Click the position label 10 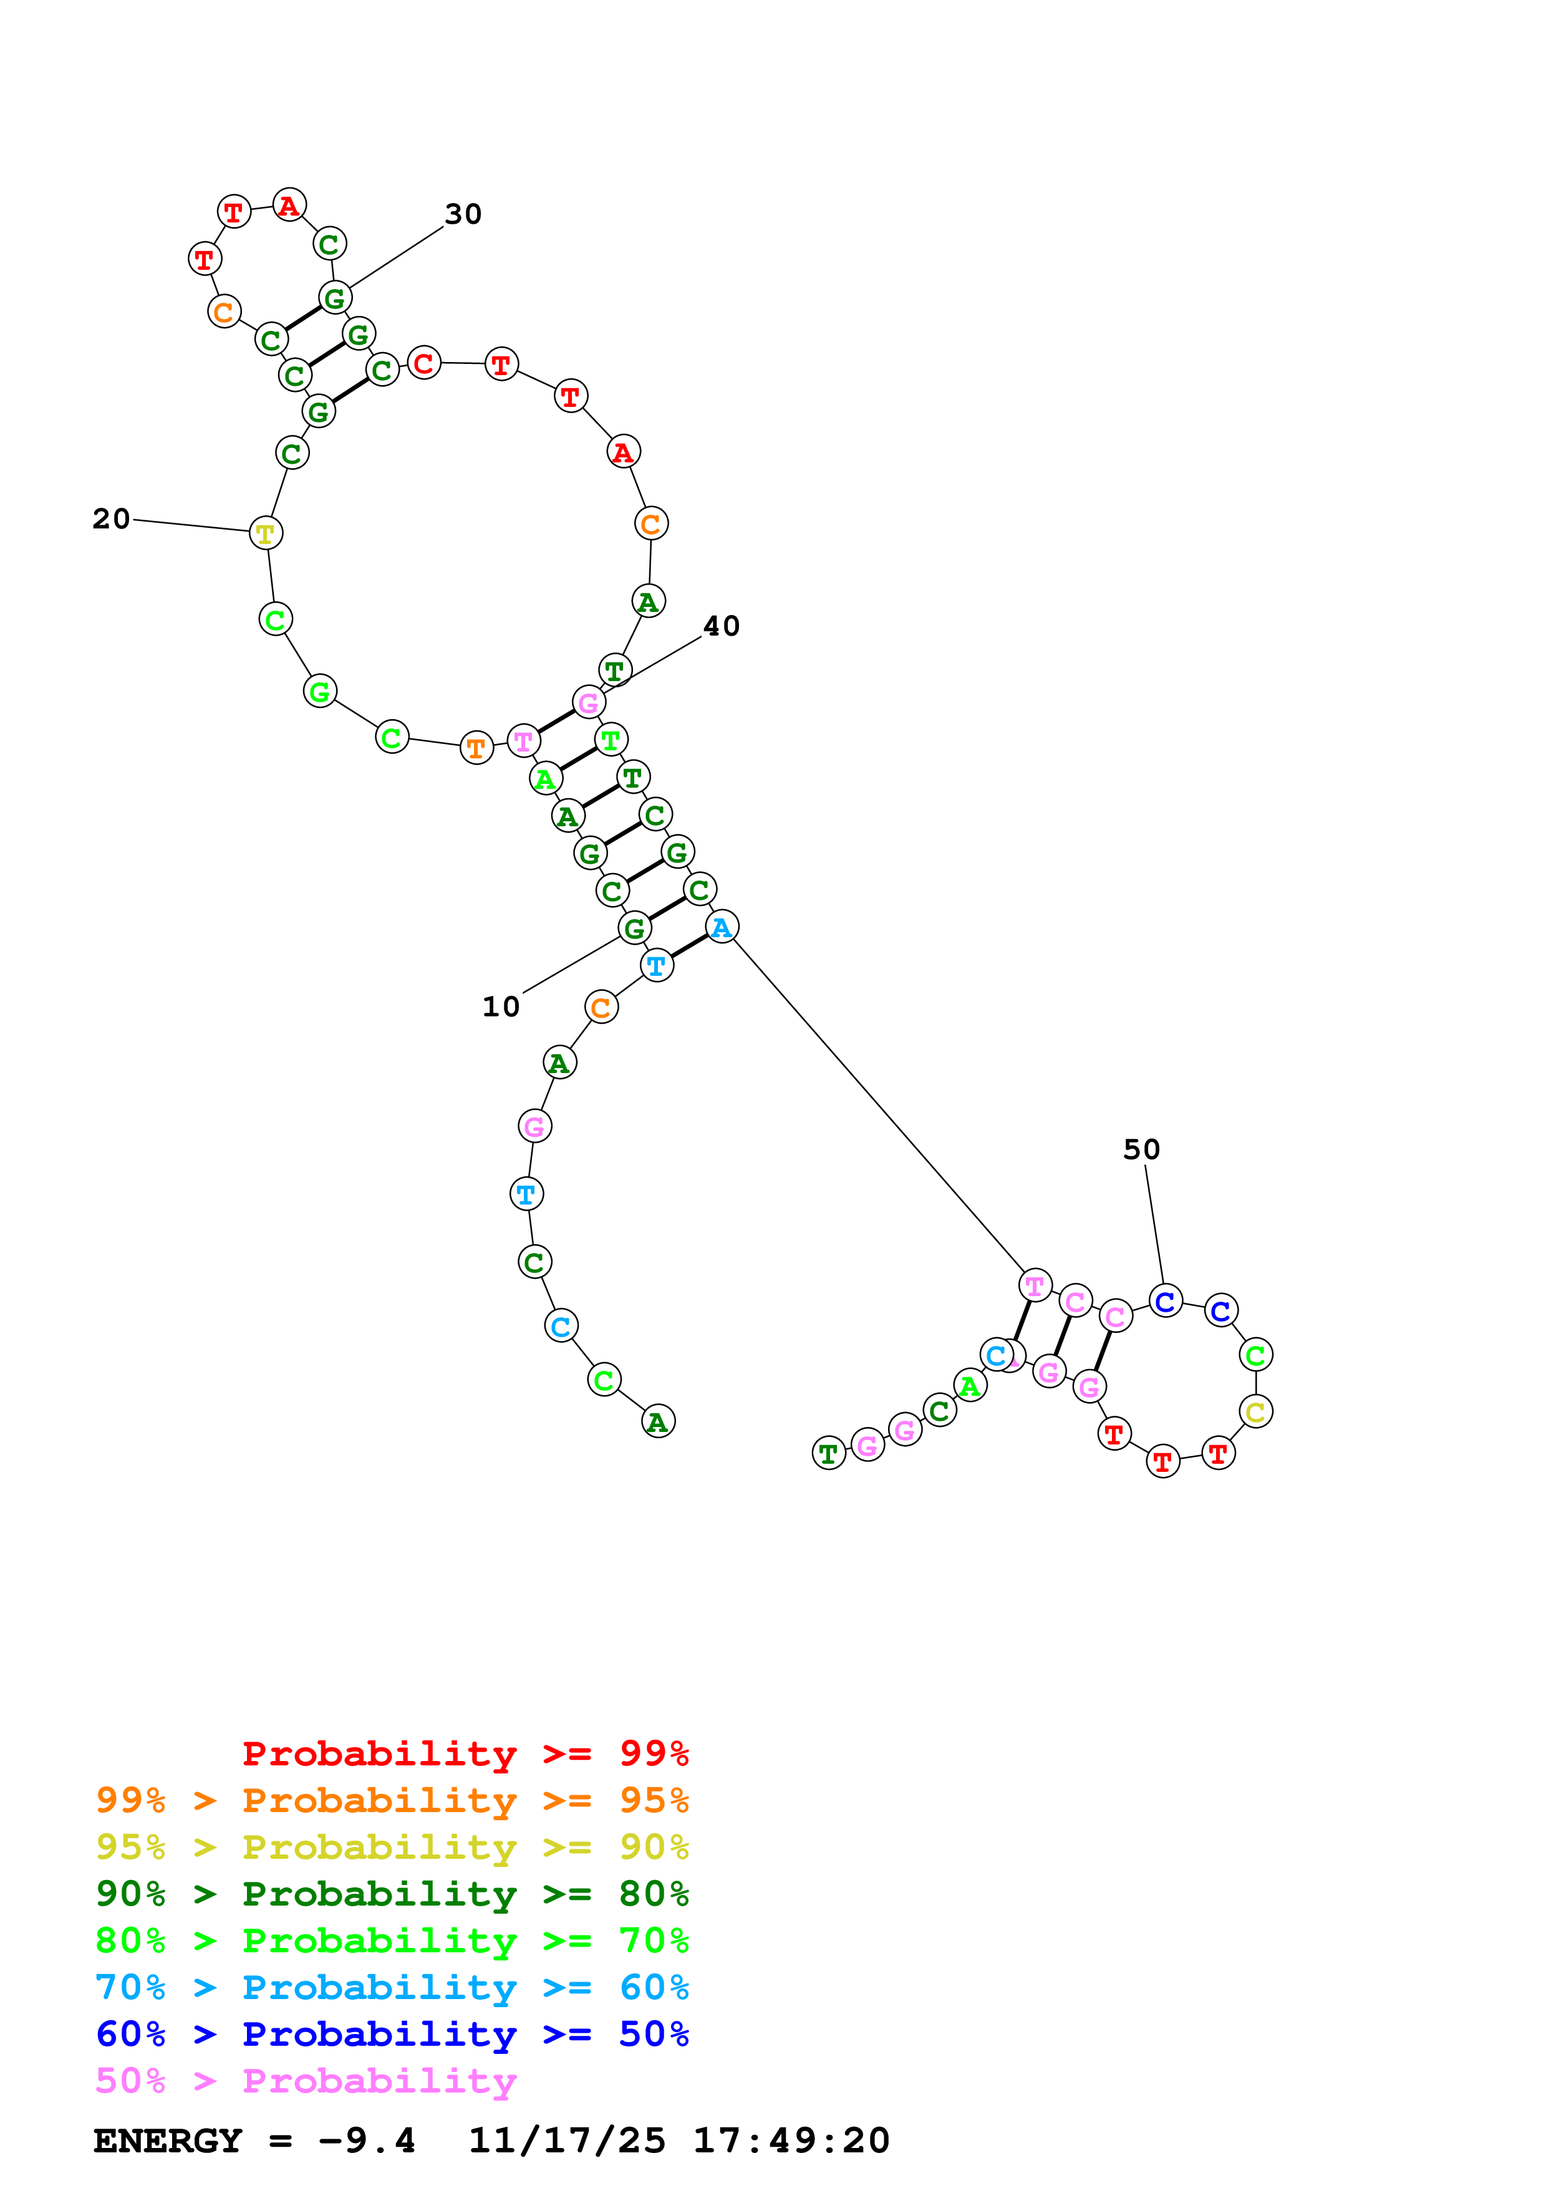[501, 1006]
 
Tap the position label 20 [112, 519]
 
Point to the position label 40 [721, 626]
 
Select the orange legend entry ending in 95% [392, 1800]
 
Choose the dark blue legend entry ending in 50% [392, 2034]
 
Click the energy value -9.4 [367, 2141]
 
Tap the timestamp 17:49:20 [791, 2141]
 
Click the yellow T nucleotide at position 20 [266, 533]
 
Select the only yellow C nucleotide [1255, 1412]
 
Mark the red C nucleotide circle [424, 363]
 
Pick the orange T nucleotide [476, 748]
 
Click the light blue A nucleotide [722, 927]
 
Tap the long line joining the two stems [876, 1104]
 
